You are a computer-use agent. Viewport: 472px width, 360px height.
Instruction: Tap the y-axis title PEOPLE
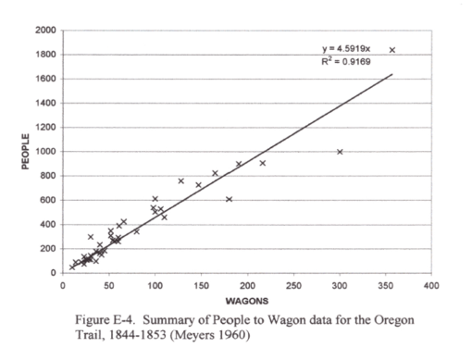(x=26, y=151)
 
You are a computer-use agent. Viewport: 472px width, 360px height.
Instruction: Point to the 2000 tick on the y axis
(x=44, y=30)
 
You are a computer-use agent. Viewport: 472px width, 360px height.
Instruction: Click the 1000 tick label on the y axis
(x=44, y=151)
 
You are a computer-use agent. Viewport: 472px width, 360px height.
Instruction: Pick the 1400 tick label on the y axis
(x=44, y=103)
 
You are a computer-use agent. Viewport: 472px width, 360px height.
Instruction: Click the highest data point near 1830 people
(x=391, y=50)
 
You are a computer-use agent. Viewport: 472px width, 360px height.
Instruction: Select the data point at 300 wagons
(x=340, y=152)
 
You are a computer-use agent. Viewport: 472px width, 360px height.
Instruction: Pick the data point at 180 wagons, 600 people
(x=229, y=199)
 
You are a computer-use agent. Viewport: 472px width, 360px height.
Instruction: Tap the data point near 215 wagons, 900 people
(x=262, y=163)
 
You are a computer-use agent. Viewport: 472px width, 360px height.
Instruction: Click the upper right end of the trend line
(x=391, y=75)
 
